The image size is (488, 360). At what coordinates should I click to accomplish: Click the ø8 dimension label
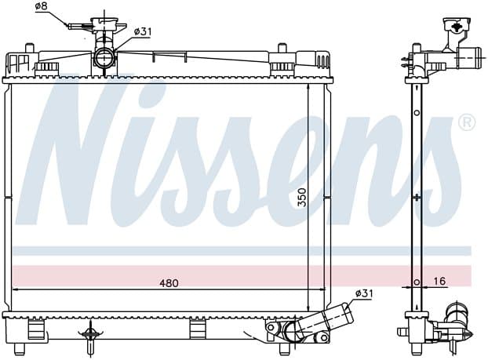[x=42, y=6]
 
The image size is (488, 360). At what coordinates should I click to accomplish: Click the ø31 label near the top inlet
[x=143, y=31]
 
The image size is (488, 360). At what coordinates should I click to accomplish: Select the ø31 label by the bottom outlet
[x=363, y=293]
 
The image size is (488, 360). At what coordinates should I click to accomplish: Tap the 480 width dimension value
[x=169, y=283]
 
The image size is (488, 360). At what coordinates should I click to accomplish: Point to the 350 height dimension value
[x=301, y=198]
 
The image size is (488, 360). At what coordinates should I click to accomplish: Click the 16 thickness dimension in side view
[x=439, y=282]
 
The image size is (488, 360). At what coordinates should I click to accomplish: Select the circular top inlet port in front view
[x=104, y=58]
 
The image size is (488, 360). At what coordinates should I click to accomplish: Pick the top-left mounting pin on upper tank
[x=29, y=48]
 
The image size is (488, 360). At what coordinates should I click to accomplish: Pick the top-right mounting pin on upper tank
[x=282, y=48]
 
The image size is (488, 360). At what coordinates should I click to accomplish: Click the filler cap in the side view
[x=457, y=25]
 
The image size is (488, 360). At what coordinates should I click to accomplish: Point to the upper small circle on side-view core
[x=417, y=113]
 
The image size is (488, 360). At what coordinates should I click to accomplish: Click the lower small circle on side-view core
[x=417, y=282]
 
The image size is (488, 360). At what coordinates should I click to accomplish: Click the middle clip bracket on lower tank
[x=198, y=329]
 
